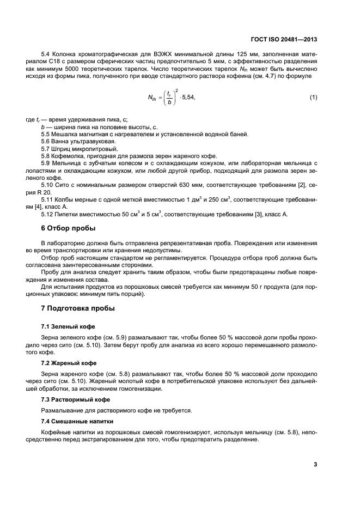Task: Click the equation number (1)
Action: tap(313, 97)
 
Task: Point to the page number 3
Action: tap(315, 464)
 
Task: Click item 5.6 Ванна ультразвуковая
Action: tap(78, 141)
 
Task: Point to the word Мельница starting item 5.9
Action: tap(68, 163)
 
